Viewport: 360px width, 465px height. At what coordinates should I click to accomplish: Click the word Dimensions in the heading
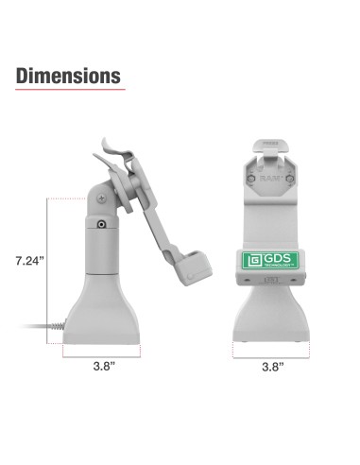68,76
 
